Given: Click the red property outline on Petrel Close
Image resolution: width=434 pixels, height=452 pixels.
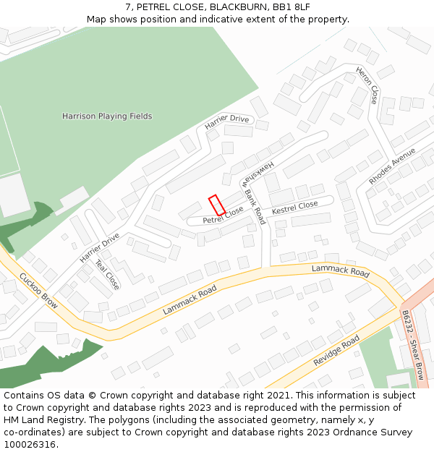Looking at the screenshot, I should (x=217, y=205).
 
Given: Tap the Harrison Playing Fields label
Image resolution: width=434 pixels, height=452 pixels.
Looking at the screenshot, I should (x=107, y=116).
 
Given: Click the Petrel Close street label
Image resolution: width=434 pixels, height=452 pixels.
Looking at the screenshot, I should (x=223, y=215).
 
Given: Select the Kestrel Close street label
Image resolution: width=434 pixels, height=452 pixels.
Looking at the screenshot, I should (x=294, y=208).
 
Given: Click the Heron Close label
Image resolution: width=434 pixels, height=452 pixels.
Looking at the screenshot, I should (x=367, y=85).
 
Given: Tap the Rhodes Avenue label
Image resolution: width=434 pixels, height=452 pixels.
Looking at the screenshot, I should (x=392, y=166).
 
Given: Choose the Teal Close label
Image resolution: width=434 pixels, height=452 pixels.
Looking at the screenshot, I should (x=108, y=276).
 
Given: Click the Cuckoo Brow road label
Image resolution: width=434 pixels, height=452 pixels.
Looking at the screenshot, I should (x=38, y=291).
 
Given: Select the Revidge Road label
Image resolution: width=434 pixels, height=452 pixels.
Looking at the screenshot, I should (x=336, y=351).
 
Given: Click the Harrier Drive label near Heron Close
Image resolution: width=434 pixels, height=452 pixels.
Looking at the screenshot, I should (x=226, y=122).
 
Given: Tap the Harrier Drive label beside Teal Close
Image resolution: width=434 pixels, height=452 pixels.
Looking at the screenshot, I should (x=99, y=247).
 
